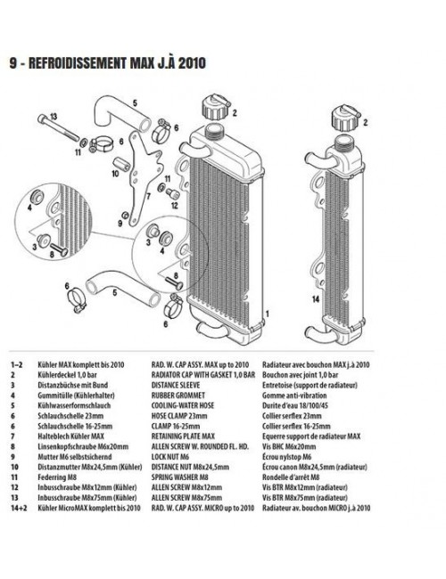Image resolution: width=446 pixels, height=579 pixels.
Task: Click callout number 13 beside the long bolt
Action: (53, 117)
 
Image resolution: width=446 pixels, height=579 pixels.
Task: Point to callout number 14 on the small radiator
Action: (315, 300)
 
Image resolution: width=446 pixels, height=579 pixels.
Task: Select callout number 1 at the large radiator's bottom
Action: (265, 314)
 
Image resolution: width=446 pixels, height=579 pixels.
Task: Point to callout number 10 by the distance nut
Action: (116, 174)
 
